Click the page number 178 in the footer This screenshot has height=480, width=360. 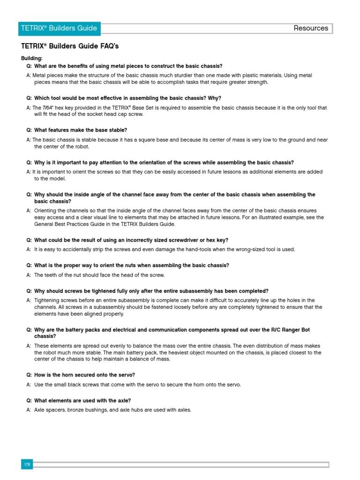pyautogui.click(x=27, y=464)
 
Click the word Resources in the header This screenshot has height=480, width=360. pyautogui.click(x=311, y=28)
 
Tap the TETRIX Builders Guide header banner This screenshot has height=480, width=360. pyautogui.click(x=59, y=28)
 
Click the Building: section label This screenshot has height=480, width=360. pyautogui.click(x=31, y=58)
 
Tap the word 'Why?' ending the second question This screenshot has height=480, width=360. pyautogui.click(x=214, y=98)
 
